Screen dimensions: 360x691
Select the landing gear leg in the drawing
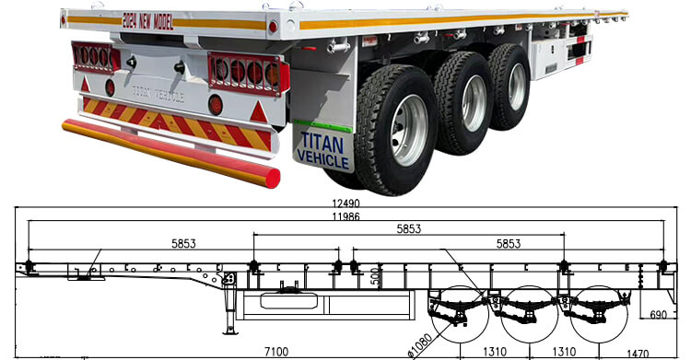pyautogui.click(x=227, y=308)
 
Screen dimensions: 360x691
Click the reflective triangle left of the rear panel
pyautogui.click(x=87, y=85)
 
